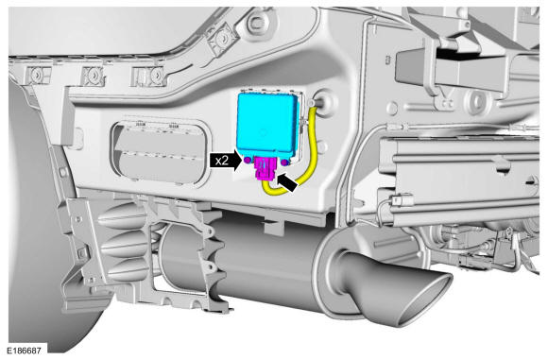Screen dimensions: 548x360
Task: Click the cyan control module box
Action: [x=267, y=125]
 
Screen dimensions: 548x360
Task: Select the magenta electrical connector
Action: [x=265, y=168]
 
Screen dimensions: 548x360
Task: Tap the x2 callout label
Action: [x=222, y=162]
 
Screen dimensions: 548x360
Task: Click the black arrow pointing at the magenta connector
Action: [x=287, y=182]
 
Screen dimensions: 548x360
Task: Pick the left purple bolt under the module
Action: [x=248, y=161]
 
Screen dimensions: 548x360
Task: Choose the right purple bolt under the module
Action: [x=284, y=162]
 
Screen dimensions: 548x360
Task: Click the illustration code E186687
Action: [x=25, y=351]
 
